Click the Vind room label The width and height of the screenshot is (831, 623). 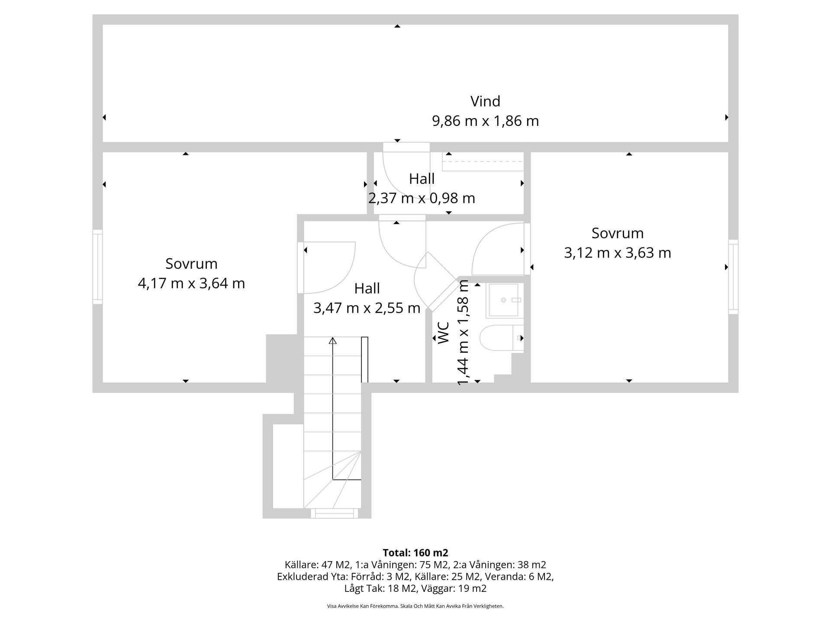tap(485, 101)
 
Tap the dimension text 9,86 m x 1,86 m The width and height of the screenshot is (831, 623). tap(485, 121)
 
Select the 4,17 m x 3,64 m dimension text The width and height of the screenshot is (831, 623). tap(191, 283)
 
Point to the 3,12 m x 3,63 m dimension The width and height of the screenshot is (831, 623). tap(617, 253)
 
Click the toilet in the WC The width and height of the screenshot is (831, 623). tap(498, 337)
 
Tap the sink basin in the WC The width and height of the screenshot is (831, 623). tap(502, 300)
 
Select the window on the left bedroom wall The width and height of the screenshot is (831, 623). tap(97, 267)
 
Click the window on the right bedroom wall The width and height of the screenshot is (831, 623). tap(733, 276)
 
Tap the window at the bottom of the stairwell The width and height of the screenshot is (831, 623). tap(334, 514)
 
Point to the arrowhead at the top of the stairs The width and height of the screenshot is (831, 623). tap(332, 341)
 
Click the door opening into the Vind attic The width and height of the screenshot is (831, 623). tap(400, 171)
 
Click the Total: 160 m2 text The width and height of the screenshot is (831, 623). tap(415, 552)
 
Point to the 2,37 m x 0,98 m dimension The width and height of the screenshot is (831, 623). tap(422, 198)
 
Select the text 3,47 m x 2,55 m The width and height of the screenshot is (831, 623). tap(367, 308)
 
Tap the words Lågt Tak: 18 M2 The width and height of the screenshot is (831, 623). tap(380, 588)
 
